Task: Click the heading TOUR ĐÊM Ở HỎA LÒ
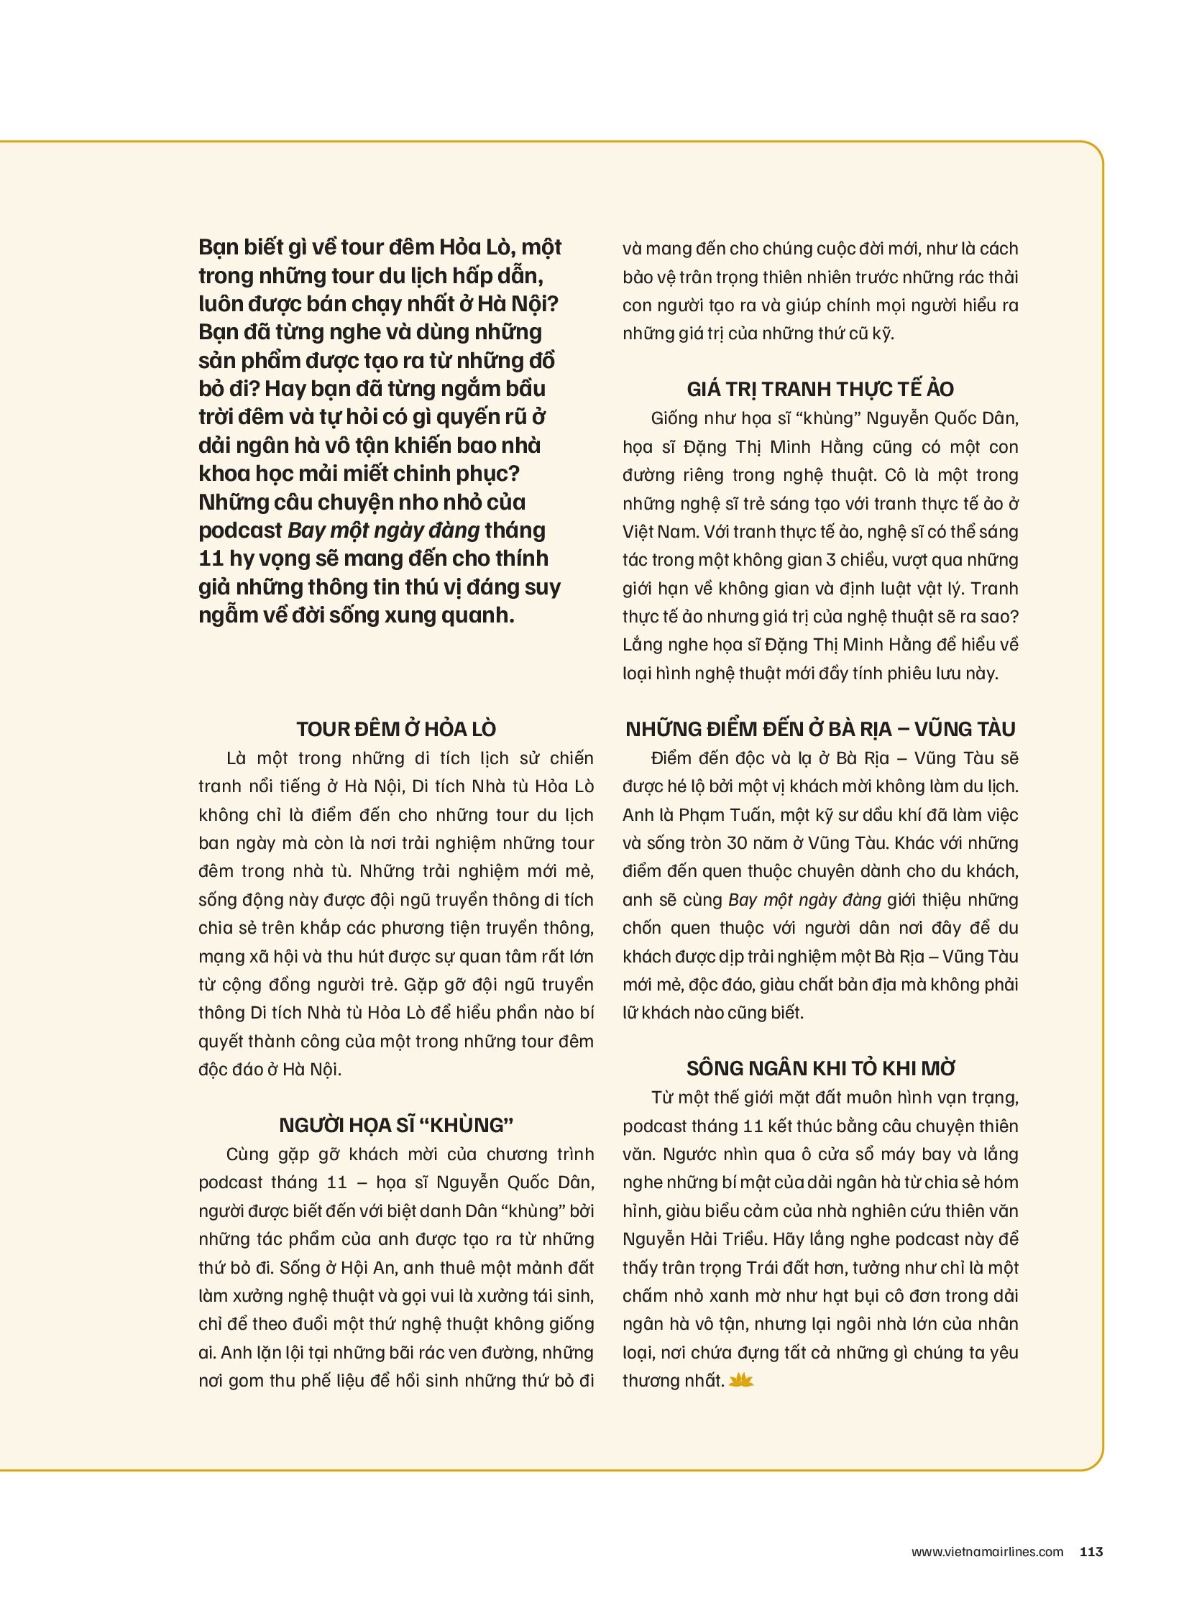pyautogui.click(x=396, y=729)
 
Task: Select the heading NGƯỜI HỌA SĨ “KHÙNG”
pyautogui.click(x=396, y=1126)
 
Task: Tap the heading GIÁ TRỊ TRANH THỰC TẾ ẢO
pyautogui.click(x=820, y=390)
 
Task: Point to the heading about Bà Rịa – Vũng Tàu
pyautogui.click(x=820, y=729)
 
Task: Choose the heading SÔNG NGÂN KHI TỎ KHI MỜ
pyautogui.click(x=820, y=1069)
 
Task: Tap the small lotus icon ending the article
pyautogui.click(x=740, y=1381)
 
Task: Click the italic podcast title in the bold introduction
pyautogui.click(x=383, y=530)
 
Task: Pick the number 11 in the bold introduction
pyautogui.click(x=211, y=559)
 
